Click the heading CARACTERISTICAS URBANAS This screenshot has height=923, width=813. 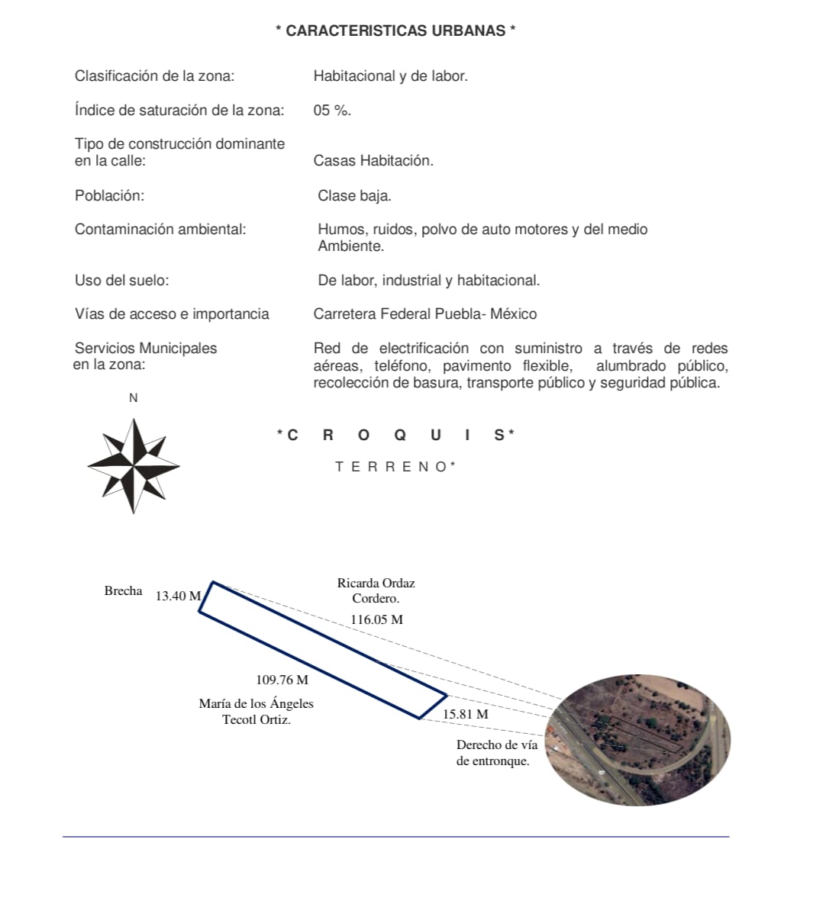point(395,31)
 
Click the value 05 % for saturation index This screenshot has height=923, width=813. point(332,111)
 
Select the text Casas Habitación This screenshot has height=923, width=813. point(373,161)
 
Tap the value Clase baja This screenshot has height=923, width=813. point(354,196)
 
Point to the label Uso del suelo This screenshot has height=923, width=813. point(122,281)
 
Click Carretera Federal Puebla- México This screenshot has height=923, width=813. point(424,314)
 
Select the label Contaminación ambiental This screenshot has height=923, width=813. point(160,230)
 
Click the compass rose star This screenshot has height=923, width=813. point(134,465)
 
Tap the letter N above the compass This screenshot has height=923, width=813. point(134,398)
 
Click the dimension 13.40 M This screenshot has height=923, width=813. point(178,597)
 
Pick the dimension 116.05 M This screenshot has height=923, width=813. point(376,620)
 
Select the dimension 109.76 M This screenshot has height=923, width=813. point(282,680)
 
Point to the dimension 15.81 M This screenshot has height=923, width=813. point(465,715)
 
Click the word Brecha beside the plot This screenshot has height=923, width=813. point(123,591)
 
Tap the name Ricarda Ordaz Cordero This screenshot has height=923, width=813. point(376,591)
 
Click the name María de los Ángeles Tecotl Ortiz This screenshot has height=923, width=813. point(256,712)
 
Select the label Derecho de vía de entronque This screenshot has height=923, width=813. point(496,753)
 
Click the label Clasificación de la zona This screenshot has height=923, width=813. point(154,76)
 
